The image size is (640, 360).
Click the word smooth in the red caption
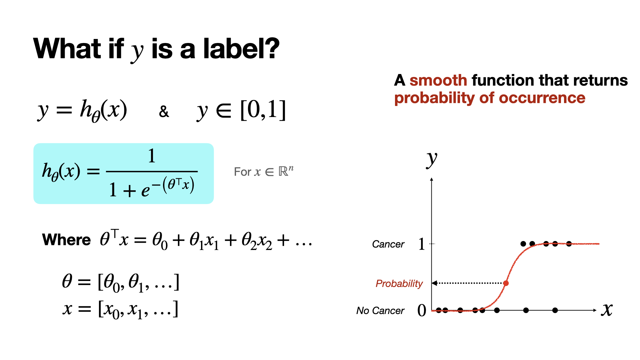[438, 80]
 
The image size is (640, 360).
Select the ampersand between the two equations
[164, 112]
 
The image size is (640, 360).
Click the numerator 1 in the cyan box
[152, 156]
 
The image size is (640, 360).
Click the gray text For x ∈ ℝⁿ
[264, 171]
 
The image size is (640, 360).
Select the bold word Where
[66, 240]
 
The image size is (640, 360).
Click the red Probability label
[399, 283]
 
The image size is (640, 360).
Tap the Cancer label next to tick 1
[388, 244]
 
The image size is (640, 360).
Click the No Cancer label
[380, 311]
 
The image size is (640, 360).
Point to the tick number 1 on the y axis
[422, 244]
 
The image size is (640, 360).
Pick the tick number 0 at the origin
[422, 310]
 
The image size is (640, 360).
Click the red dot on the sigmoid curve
[506, 283]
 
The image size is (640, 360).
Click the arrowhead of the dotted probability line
[434, 283]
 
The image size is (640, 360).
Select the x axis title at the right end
[607, 310]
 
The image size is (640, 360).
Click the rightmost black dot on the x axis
[555, 310]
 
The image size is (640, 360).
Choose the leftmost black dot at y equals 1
[523, 244]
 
